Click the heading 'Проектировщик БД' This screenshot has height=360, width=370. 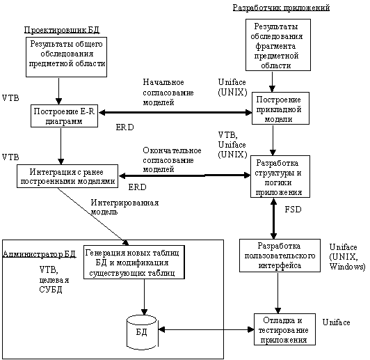coord(62,30)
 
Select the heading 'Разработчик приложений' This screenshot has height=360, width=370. coord(281,8)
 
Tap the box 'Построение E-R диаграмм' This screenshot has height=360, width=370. coord(64,116)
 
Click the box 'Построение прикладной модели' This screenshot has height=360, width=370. coord(280,109)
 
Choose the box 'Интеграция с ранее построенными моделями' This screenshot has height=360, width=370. coord(67,176)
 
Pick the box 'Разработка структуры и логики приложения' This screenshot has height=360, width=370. coord(280,176)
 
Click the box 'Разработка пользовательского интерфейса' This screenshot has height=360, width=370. coord(280,256)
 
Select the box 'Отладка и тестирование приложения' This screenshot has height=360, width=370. coord(285,329)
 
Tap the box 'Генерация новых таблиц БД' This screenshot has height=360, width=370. coord(134,263)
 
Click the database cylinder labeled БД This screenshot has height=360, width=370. coord(142,332)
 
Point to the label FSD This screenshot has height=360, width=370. coord(293,210)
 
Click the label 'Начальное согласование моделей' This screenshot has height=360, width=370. coord(168,92)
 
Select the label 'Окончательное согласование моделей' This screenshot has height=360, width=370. coord(172,160)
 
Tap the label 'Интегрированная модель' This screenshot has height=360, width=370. coord(124,207)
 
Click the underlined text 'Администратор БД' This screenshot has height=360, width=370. coord(39,254)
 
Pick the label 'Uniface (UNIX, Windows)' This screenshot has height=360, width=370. coord(347,256)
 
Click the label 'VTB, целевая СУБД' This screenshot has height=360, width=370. coord(54,279)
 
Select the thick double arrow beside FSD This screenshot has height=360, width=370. coord(273,219)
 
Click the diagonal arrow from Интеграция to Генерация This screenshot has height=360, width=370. coord(93,217)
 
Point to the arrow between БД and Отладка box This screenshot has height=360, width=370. coord(206,329)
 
